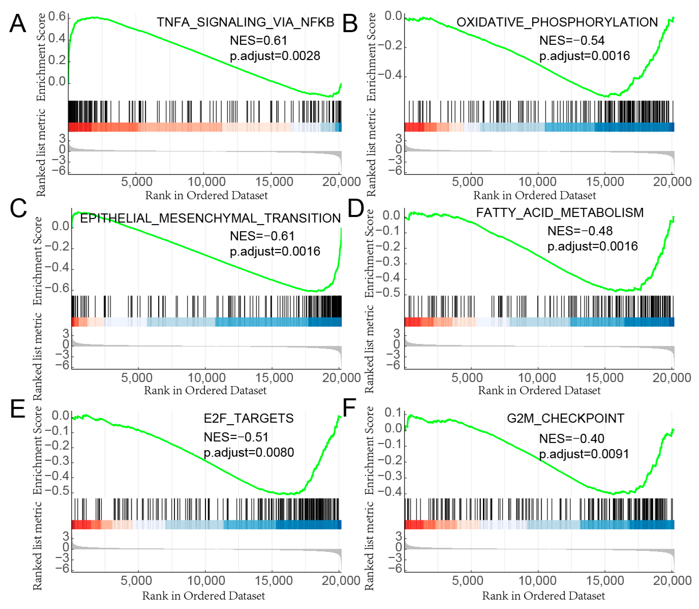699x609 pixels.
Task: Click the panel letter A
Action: tap(18, 24)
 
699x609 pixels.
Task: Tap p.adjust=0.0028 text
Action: tap(275, 56)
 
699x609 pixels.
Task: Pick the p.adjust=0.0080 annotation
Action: tap(248, 452)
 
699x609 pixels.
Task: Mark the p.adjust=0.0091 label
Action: tap(584, 454)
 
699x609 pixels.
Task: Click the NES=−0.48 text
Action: tap(580, 231)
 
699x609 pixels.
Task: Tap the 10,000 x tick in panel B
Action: tap(537, 182)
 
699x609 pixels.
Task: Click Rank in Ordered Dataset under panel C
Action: tap(205, 390)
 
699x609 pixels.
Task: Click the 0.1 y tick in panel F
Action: tap(393, 412)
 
